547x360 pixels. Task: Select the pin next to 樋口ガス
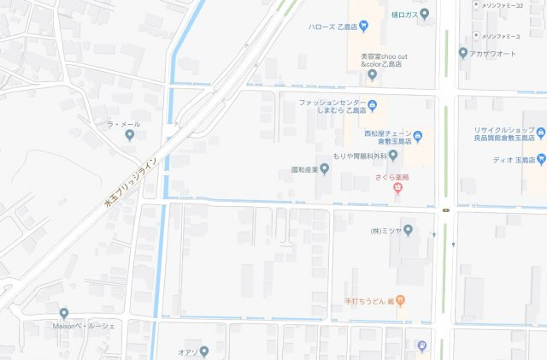[x=425, y=14]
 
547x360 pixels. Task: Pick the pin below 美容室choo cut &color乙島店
[x=372, y=74]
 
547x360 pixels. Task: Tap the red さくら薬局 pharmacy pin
[x=397, y=189]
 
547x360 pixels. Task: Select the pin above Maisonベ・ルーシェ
[x=64, y=314]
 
